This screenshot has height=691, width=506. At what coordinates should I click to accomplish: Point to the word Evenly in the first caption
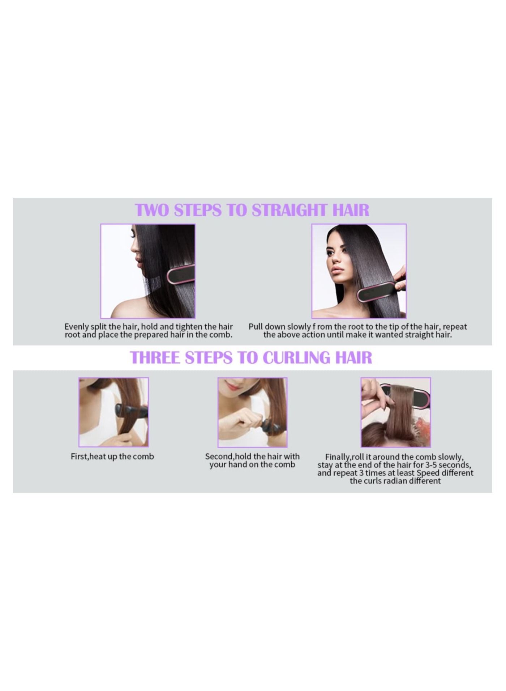tap(77, 327)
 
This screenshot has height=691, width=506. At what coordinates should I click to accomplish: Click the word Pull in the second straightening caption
tap(256, 327)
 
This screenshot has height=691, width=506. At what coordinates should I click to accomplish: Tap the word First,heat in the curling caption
tap(89, 457)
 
